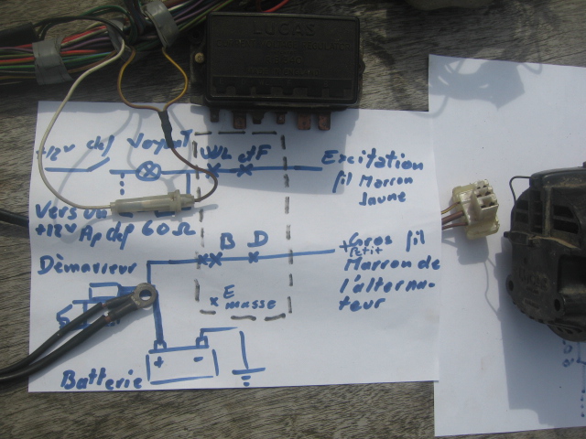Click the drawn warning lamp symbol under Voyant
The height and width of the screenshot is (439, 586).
point(144,170)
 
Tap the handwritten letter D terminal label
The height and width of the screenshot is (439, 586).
point(260,240)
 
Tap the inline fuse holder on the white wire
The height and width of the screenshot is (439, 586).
point(146,208)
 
